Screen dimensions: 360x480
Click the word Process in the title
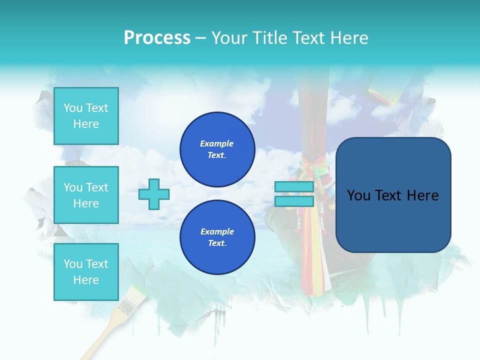click(157, 37)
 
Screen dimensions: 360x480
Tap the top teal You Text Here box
click(86, 116)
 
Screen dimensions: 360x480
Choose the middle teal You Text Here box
click(86, 195)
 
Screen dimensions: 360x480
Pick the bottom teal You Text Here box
click(86, 272)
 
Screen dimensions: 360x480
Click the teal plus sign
click(154, 194)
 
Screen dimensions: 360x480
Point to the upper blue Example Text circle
click(217, 149)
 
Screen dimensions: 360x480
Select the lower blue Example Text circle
click(217, 237)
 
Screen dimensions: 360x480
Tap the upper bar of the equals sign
click(294, 187)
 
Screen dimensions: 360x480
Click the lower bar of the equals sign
click(294, 201)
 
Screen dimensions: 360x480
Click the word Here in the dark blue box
click(422, 195)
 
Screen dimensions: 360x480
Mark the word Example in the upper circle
click(217, 143)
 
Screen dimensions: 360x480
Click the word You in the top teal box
click(73, 108)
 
